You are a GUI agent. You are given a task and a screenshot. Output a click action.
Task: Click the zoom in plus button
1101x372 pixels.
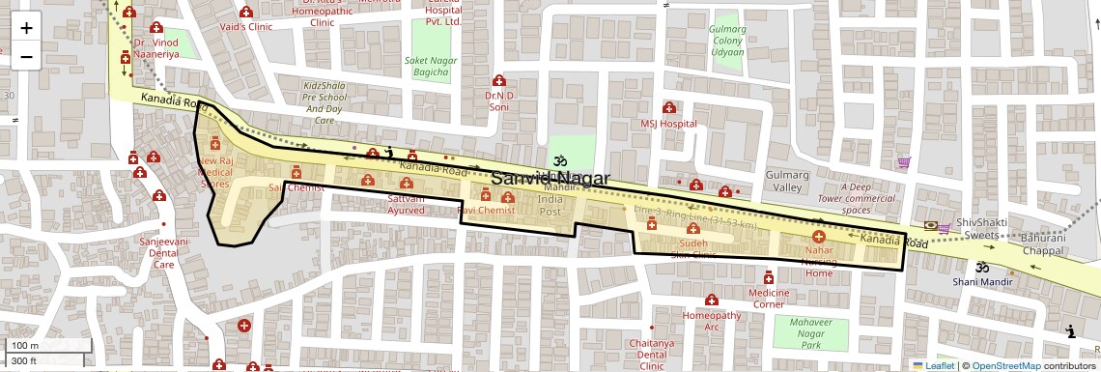[26, 27]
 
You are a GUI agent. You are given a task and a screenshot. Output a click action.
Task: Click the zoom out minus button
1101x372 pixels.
[26, 56]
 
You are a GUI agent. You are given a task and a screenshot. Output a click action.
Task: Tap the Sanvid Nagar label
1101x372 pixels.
[549, 179]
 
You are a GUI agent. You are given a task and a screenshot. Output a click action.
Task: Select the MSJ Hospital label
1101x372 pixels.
[668, 124]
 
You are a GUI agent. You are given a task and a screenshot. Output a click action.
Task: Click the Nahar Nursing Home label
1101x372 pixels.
[818, 261]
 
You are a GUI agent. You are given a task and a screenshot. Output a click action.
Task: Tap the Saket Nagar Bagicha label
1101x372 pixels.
[431, 66]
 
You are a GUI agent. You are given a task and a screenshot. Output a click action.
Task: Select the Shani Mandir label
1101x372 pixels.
[982, 281]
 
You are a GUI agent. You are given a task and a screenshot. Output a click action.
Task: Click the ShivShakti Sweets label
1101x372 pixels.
[981, 228]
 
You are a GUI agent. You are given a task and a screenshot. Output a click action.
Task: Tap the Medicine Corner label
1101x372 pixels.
[769, 298]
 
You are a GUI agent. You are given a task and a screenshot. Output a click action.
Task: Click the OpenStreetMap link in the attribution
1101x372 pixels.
[1005, 365]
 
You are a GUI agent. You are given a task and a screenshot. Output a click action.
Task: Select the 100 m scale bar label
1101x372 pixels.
[23, 346]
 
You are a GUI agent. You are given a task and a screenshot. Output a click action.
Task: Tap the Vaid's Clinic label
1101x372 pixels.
[247, 27]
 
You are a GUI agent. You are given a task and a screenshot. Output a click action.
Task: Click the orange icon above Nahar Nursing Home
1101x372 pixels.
[818, 236]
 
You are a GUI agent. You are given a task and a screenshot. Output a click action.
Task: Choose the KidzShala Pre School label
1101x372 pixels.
[325, 102]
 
